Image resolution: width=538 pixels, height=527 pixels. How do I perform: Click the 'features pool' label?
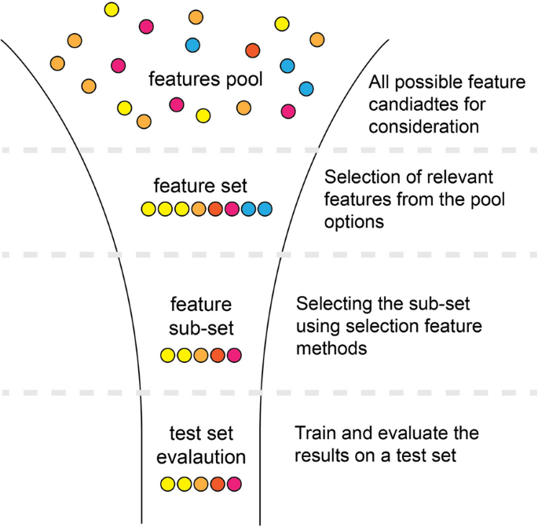[x=206, y=80]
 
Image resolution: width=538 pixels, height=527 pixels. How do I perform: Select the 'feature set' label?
[x=200, y=187]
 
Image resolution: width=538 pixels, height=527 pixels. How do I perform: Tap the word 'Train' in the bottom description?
[x=313, y=434]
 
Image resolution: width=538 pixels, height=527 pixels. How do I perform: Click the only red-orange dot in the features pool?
[x=252, y=50]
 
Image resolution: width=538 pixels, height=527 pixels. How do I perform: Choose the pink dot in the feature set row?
[x=232, y=209]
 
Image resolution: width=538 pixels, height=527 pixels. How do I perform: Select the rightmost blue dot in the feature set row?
[x=265, y=209]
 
